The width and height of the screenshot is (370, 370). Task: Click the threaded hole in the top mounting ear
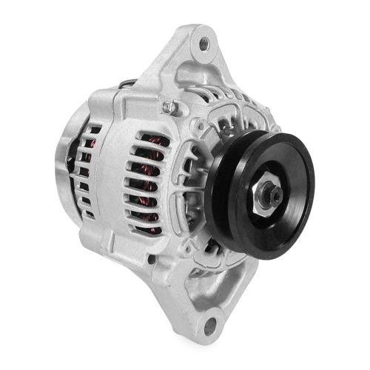tap(202, 45)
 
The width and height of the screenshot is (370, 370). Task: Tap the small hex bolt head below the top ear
tap(170, 108)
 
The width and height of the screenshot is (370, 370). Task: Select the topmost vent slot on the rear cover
tap(94, 130)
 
